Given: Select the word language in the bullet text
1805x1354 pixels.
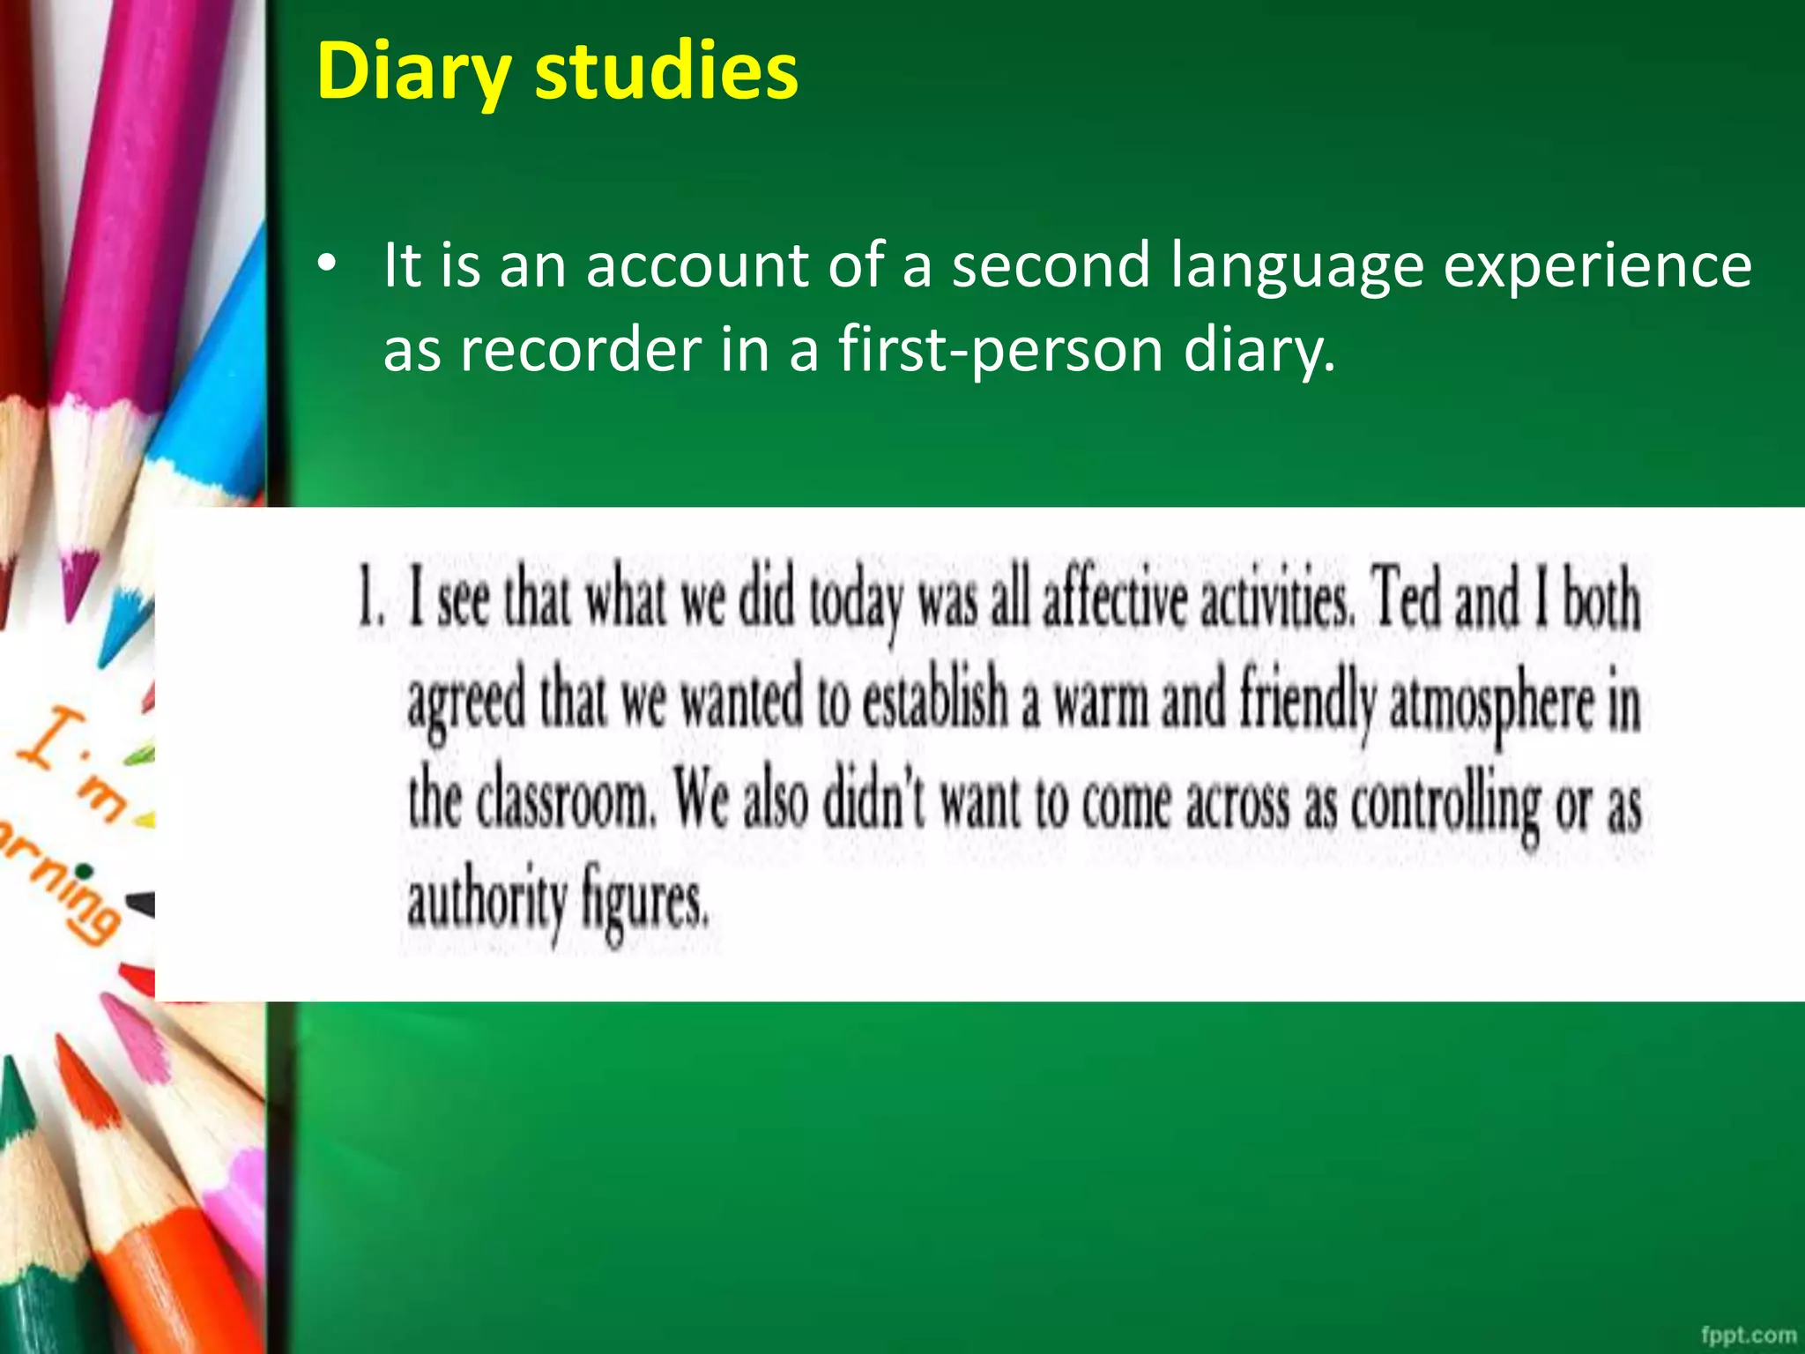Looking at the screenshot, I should click(1296, 266).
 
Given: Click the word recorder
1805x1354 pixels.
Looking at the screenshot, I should click(581, 350).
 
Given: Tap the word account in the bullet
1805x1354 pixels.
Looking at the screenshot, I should click(697, 265).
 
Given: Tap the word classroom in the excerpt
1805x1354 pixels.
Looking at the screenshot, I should click(563, 801).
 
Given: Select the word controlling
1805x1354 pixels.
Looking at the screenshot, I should click(1445, 803).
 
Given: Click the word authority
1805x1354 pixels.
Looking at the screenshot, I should click(487, 902).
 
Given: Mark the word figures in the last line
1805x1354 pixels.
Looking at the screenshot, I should click(644, 902).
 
